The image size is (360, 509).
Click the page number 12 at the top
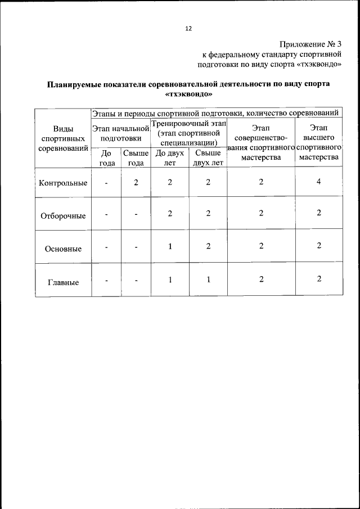pyautogui.click(x=188, y=29)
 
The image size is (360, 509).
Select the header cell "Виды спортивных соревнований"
pyautogui.click(x=63, y=138)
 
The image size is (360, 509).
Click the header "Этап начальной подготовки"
pyautogui.click(x=121, y=133)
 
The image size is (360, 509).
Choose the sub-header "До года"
pyautogui.click(x=106, y=158)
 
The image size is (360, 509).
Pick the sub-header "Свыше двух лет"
pyautogui.click(x=208, y=158)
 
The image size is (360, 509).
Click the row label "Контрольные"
pyautogui.click(x=63, y=183)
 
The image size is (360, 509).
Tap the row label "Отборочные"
pyautogui.click(x=63, y=216)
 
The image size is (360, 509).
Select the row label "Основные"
pyautogui.click(x=63, y=249)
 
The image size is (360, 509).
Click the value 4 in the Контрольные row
pyautogui.click(x=318, y=181)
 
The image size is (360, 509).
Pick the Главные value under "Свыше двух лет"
pyautogui.click(x=208, y=279)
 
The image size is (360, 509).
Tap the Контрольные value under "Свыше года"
pyautogui.click(x=136, y=182)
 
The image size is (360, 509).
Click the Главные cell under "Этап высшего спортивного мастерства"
pyautogui.click(x=318, y=279)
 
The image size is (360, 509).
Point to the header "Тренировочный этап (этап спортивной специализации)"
pyautogui.click(x=189, y=133)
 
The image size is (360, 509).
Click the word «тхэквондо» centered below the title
pyautogui.click(x=188, y=94)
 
